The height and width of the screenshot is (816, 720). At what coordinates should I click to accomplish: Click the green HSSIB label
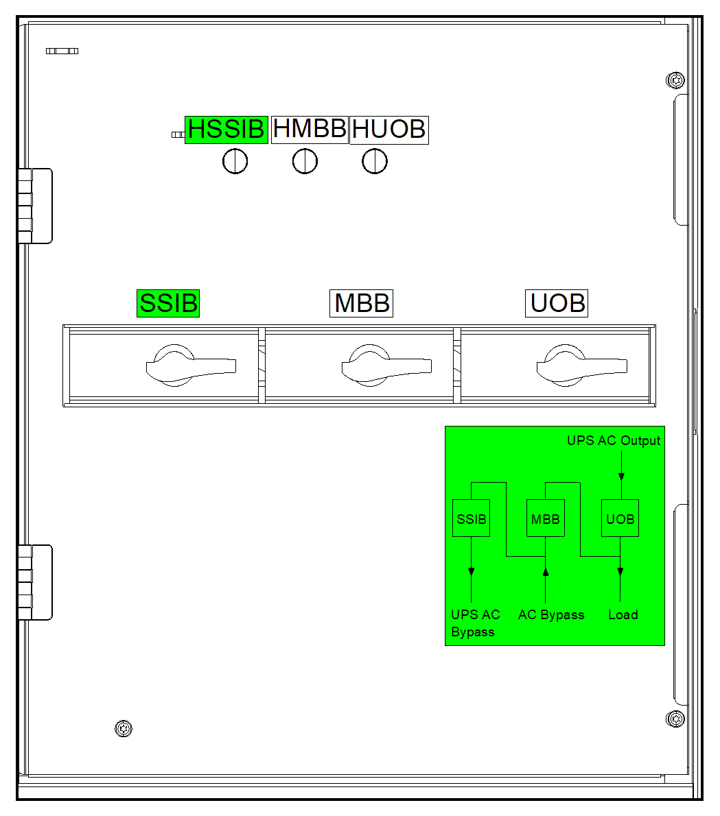226,130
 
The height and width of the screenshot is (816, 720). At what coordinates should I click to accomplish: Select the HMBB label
310,129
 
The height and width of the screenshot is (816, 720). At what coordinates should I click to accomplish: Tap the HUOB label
389,130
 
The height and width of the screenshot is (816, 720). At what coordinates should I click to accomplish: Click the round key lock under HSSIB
235,162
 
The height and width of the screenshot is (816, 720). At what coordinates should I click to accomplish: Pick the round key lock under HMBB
305,162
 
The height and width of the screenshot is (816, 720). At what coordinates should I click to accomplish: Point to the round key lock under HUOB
375,162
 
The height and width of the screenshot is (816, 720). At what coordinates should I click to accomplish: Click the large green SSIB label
168,303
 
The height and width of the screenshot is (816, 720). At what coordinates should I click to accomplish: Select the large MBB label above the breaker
362,303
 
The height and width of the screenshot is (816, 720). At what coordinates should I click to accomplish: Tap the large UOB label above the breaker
557,303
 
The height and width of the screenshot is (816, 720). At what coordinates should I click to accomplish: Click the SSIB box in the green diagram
472,518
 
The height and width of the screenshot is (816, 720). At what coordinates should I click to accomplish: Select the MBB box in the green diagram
546,518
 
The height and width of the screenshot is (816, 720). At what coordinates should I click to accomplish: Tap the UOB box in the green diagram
620,518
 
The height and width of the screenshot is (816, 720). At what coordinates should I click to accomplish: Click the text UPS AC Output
614,441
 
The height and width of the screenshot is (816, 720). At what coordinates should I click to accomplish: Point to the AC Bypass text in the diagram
551,615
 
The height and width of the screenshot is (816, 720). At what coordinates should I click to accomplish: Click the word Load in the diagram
623,615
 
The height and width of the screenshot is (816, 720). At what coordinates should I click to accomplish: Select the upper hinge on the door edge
34,206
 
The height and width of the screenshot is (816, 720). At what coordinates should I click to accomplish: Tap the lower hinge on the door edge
34,582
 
